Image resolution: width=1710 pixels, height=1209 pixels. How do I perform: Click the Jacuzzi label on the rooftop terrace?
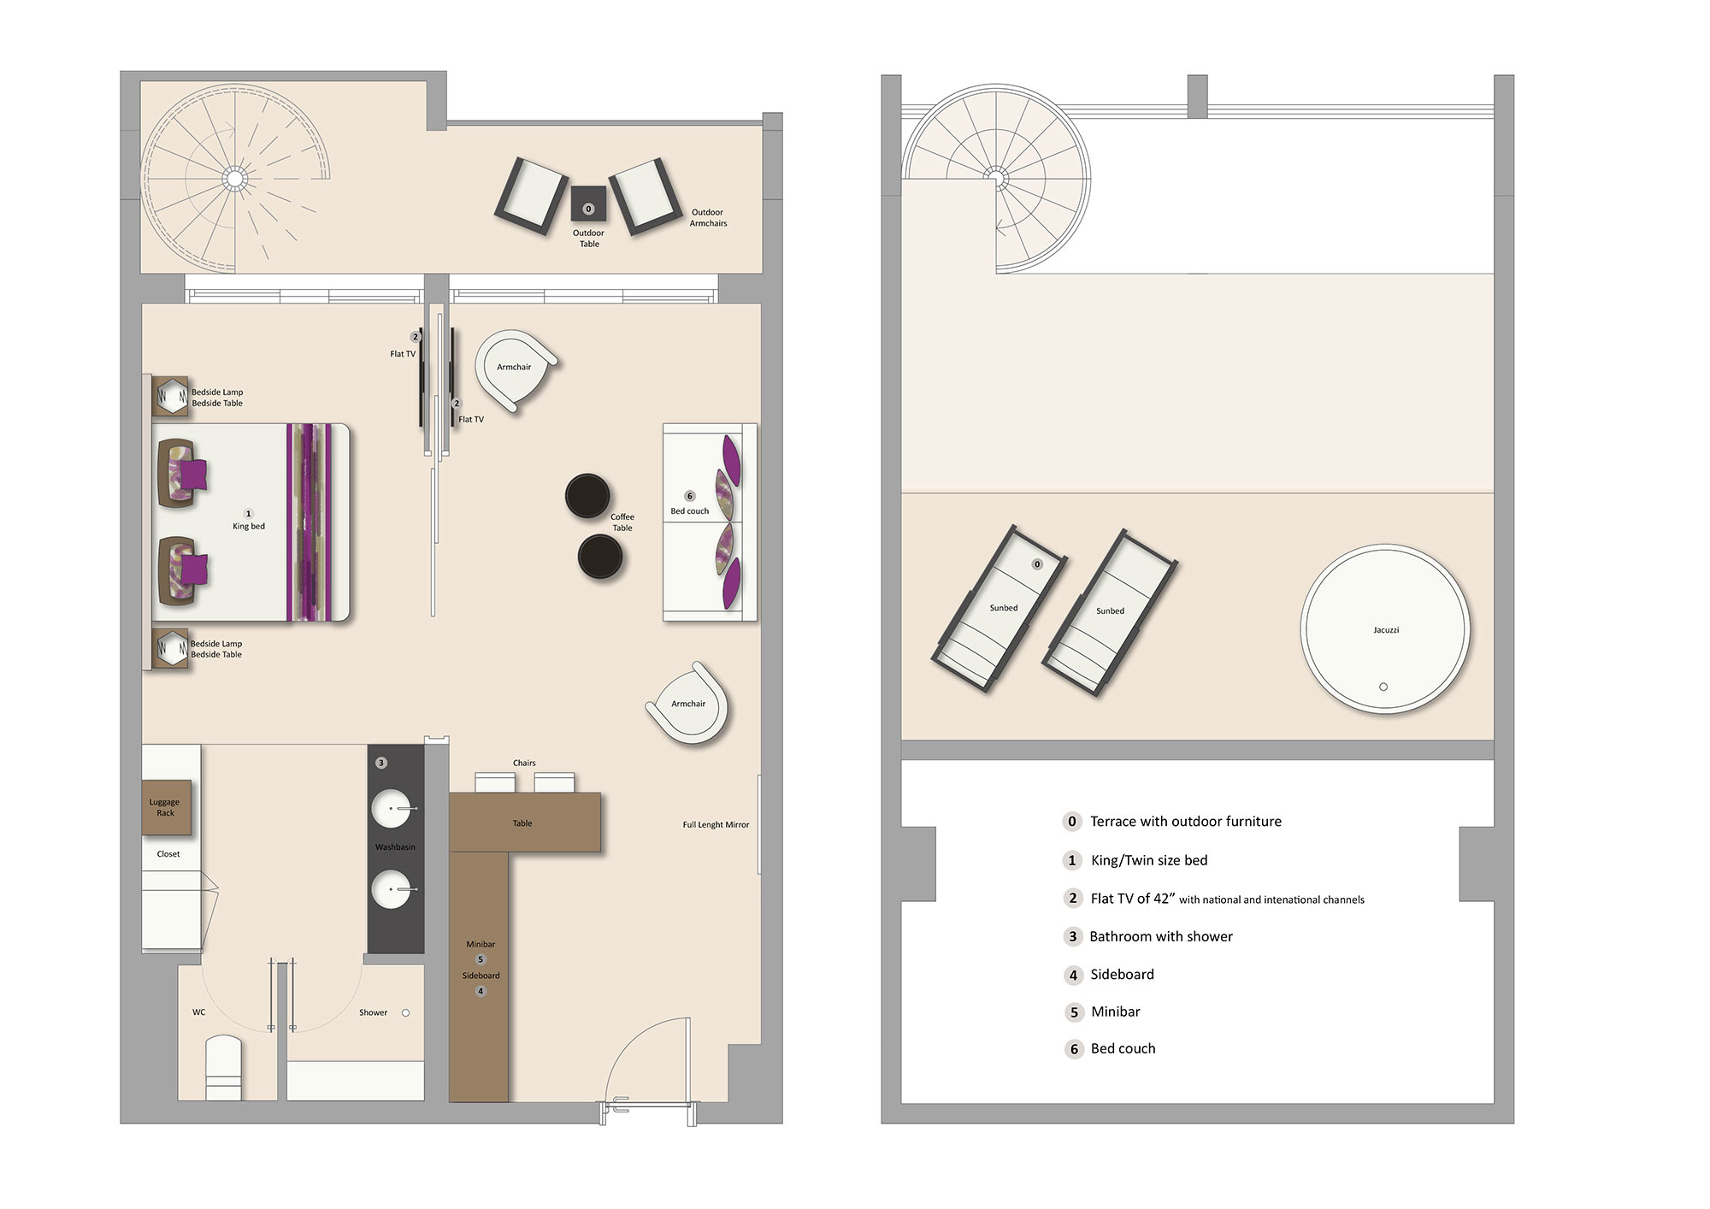coord(1386,630)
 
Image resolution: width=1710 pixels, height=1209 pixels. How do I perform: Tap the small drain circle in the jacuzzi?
coord(1383,687)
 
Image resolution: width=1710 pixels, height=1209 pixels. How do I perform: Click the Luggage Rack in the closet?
coord(166,807)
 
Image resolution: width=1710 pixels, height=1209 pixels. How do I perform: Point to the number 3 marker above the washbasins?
coord(381,763)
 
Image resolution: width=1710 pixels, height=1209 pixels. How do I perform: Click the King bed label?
coord(249,526)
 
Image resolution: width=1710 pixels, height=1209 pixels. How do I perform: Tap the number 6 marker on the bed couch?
coord(690,496)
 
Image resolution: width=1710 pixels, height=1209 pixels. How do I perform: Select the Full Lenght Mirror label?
coord(716,825)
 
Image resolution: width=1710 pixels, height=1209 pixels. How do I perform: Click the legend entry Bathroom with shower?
coord(1160,936)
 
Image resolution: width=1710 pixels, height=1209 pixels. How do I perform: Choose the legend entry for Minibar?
coord(1115,1011)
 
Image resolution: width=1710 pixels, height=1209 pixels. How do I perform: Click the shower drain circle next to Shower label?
coord(405,1012)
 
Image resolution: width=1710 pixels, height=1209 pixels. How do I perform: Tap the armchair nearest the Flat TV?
coord(515,369)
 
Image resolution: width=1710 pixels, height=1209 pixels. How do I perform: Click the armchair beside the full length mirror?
coord(689,705)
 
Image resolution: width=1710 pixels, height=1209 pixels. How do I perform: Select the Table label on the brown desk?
coord(522,823)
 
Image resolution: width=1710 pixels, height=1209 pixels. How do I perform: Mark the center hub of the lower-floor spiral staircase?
coord(234,178)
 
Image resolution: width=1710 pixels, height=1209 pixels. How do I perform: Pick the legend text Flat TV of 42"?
coord(1130,899)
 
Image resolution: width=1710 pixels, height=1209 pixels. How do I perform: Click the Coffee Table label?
coord(622,522)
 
